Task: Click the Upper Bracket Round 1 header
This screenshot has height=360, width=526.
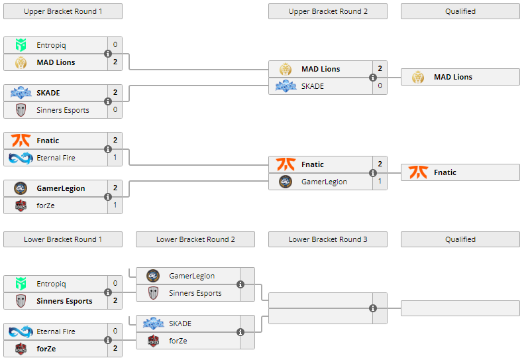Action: [63, 11]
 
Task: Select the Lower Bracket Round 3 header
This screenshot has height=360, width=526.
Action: [328, 239]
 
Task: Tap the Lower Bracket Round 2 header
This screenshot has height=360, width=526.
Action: [195, 239]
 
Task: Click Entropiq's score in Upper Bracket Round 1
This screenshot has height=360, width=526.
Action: [115, 45]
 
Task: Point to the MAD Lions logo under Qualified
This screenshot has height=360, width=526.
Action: [417, 77]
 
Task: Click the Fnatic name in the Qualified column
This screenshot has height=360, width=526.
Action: [445, 172]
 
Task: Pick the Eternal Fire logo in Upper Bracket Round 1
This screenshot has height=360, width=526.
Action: [21, 158]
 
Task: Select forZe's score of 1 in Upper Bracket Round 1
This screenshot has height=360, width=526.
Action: [115, 206]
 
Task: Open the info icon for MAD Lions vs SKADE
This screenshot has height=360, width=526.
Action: [373, 78]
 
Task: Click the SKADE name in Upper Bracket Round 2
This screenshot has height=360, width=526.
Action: [313, 86]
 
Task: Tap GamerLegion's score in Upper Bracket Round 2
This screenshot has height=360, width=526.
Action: [380, 182]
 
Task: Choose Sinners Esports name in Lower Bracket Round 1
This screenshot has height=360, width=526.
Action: [64, 301]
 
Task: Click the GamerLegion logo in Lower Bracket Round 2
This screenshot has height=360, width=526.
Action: [153, 276]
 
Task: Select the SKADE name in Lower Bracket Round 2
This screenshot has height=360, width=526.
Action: [180, 324]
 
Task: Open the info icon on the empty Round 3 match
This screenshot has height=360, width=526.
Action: [373, 308]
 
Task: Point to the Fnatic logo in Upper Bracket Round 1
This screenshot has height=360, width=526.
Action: [21, 141]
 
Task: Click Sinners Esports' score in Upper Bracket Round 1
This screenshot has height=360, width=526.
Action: [115, 110]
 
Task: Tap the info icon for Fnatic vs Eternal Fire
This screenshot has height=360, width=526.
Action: [108, 149]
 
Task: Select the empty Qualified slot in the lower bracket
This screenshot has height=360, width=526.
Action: [460, 308]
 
